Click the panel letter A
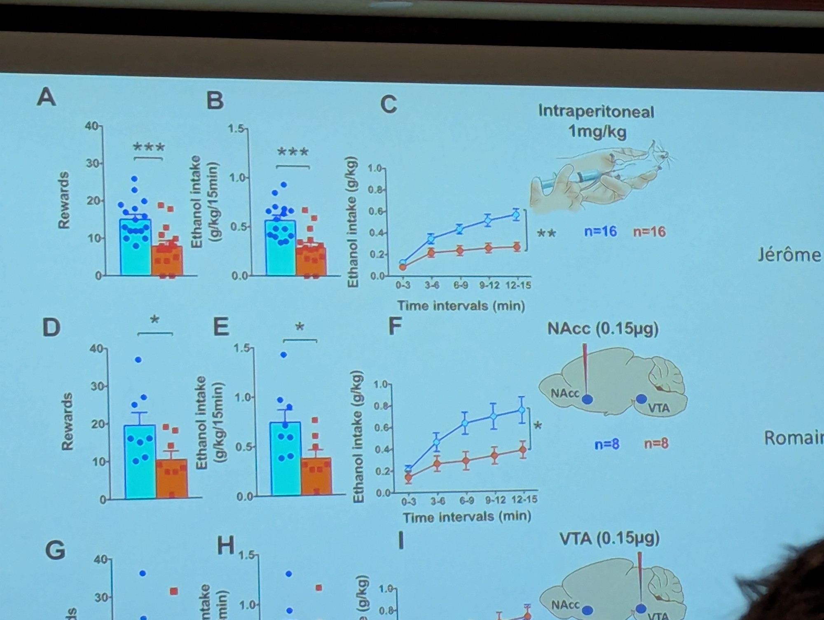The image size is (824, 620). pyautogui.click(x=46, y=98)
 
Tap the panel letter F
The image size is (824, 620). pyautogui.click(x=395, y=327)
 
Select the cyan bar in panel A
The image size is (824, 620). pyautogui.click(x=135, y=247)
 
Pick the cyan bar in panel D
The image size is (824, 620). pyautogui.click(x=140, y=461)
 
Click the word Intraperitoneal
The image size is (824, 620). pyautogui.click(x=596, y=112)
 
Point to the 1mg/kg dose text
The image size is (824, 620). pyautogui.click(x=597, y=132)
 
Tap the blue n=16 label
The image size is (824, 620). pyautogui.click(x=600, y=232)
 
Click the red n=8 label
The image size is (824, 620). pyautogui.click(x=656, y=444)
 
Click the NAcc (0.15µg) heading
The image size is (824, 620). pyautogui.click(x=603, y=329)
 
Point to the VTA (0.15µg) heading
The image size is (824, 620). pyautogui.click(x=609, y=538)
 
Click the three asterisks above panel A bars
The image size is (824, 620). pyautogui.click(x=149, y=147)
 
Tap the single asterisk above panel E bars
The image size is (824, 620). pyautogui.click(x=300, y=328)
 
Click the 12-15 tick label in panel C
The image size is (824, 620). pyautogui.click(x=518, y=285)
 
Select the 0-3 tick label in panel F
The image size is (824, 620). pyautogui.click(x=409, y=501)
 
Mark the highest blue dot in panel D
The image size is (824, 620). pyautogui.click(x=138, y=360)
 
